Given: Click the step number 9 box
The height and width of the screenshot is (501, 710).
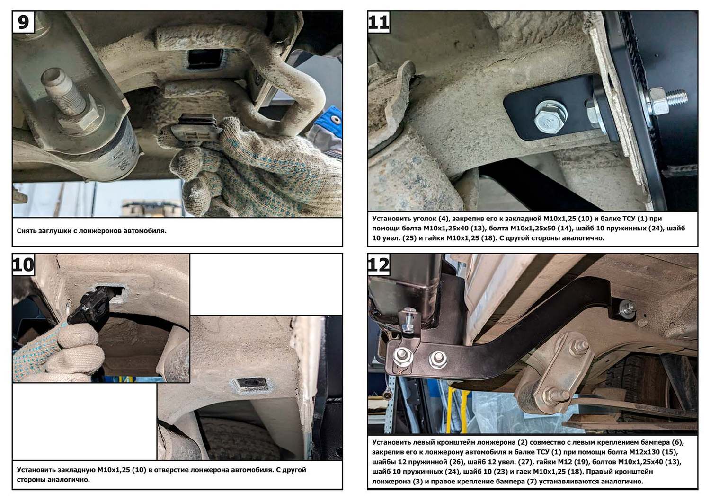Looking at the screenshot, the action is pos(24,22).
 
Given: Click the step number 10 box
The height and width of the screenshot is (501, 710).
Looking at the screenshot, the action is pos(24,264).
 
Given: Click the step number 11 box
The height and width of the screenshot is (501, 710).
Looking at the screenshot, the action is pos(379,22).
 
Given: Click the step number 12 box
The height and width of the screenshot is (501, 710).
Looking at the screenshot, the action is pos(379,264).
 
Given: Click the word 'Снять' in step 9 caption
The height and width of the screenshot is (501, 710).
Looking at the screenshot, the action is pos(26,231).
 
